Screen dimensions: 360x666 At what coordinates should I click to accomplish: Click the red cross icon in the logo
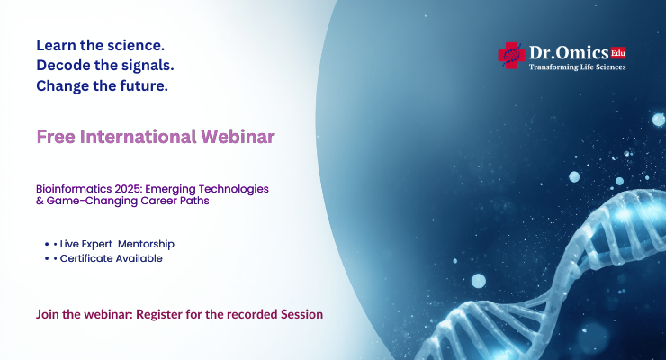point(511,56)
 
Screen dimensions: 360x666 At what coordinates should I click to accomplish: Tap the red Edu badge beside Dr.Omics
point(617,52)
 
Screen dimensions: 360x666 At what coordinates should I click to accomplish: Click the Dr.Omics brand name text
point(569,53)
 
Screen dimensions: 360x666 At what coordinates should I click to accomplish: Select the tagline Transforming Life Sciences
point(577,67)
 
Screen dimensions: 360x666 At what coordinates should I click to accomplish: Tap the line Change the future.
point(102,86)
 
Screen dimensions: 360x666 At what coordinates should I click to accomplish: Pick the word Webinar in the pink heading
point(241,137)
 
